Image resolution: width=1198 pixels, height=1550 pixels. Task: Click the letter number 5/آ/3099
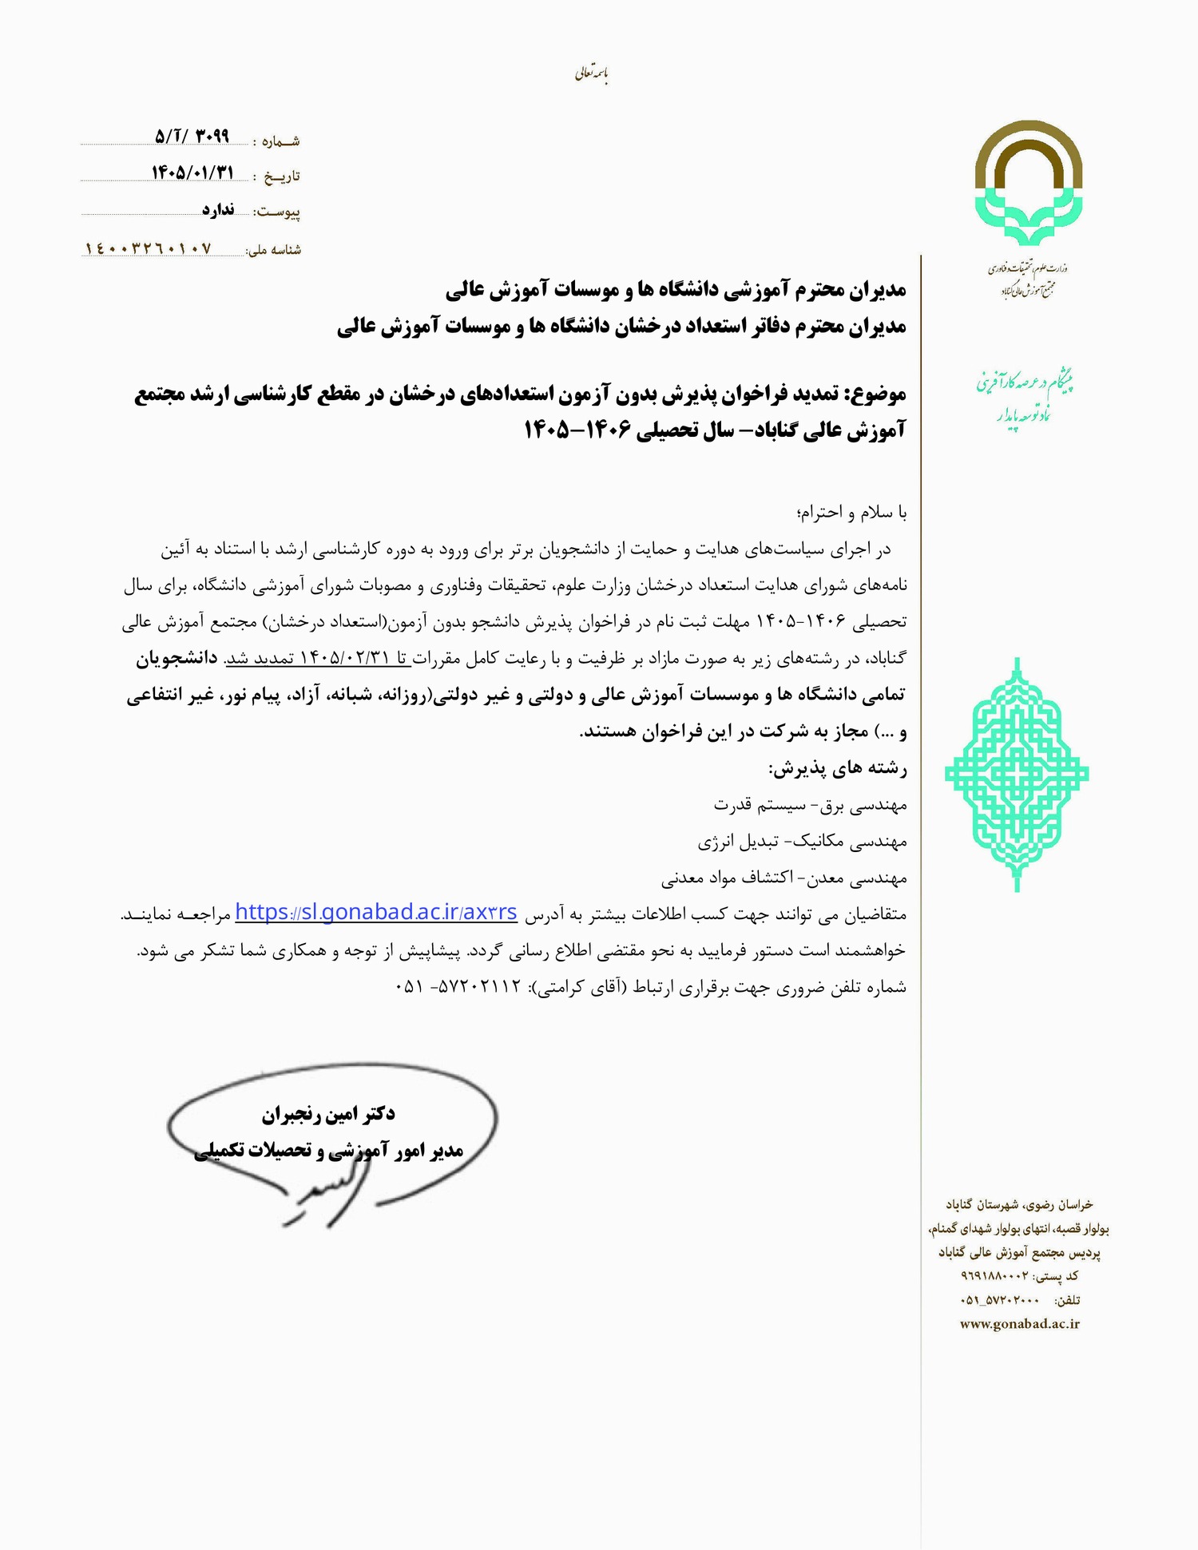click(192, 137)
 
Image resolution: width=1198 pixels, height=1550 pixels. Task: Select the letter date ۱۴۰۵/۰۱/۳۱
click(192, 172)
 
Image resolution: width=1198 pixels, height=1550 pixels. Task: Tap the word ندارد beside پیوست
click(217, 209)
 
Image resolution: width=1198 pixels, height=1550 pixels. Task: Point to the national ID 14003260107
click(149, 248)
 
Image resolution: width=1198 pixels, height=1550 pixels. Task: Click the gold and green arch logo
click(1028, 183)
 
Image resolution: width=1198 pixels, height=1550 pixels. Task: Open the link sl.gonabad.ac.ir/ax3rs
click(376, 912)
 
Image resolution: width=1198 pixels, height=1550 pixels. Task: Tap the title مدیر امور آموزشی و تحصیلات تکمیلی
click(328, 1150)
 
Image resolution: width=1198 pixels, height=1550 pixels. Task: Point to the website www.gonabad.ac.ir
click(1019, 1324)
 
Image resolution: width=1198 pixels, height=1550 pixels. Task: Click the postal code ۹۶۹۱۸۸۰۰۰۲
click(994, 1276)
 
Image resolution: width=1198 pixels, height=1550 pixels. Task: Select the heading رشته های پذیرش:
click(837, 769)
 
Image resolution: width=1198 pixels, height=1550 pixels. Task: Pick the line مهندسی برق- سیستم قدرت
click(810, 805)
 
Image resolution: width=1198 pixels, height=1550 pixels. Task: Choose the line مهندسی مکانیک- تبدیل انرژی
click(802, 841)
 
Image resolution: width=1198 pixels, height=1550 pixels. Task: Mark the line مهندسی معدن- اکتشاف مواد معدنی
click(783, 878)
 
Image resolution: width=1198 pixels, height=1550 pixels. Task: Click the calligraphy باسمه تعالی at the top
click(592, 74)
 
